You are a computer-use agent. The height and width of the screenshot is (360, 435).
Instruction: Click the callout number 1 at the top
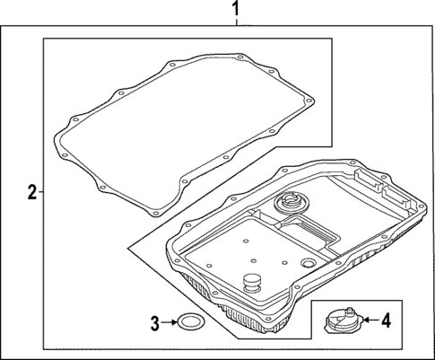(236, 9)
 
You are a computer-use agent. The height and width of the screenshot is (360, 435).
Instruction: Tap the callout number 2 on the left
(32, 192)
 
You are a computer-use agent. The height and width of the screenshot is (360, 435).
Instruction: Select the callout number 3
(154, 323)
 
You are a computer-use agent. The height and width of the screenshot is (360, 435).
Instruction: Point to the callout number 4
(386, 320)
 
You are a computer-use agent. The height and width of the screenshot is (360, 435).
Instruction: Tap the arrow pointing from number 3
(169, 322)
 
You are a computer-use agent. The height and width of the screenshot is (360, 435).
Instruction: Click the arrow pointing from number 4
(370, 320)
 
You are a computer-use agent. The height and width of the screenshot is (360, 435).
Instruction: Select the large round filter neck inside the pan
(290, 204)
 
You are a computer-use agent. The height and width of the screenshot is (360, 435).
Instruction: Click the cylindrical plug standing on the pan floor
(252, 283)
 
